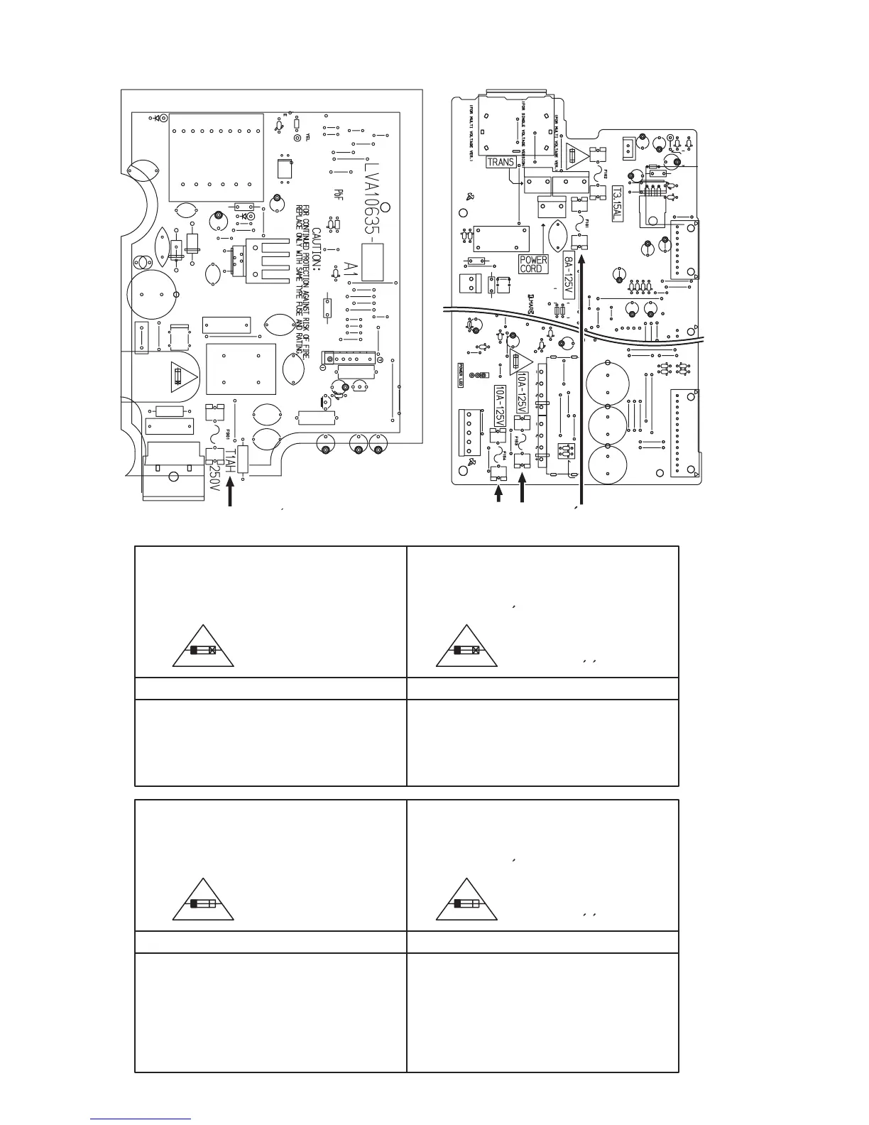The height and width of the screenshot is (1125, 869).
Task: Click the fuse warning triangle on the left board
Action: point(183,376)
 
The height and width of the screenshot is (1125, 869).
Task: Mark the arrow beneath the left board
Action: point(231,494)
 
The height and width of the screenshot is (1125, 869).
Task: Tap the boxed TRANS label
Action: point(501,162)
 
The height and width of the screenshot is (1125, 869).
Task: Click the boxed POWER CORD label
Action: point(533,264)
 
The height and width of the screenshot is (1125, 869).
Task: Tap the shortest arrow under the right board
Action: point(498,496)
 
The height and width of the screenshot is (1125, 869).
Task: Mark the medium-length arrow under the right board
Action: point(523,489)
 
